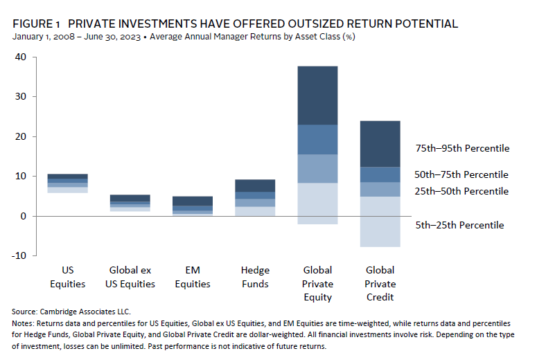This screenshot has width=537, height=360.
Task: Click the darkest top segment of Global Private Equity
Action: (x=317, y=96)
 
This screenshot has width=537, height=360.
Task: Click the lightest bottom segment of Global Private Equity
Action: (x=317, y=204)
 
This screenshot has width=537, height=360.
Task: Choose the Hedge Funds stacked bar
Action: (x=255, y=197)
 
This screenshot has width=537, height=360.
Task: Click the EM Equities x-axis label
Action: (x=193, y=277)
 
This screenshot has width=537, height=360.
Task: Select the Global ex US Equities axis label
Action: (x=130, y=277)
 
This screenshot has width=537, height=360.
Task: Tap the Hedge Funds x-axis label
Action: (x=255, y=277)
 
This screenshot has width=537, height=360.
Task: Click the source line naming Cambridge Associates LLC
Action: (x=74, y=312)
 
